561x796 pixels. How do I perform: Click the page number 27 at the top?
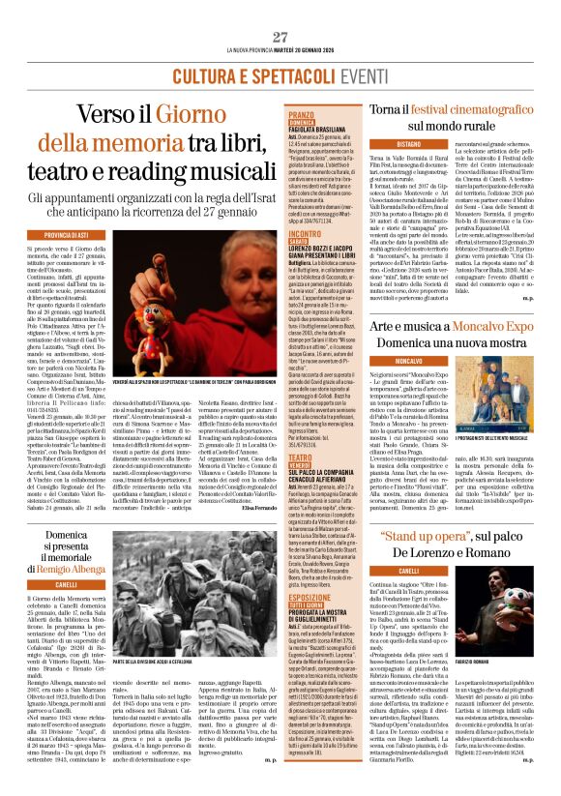click(x=280, y=10)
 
